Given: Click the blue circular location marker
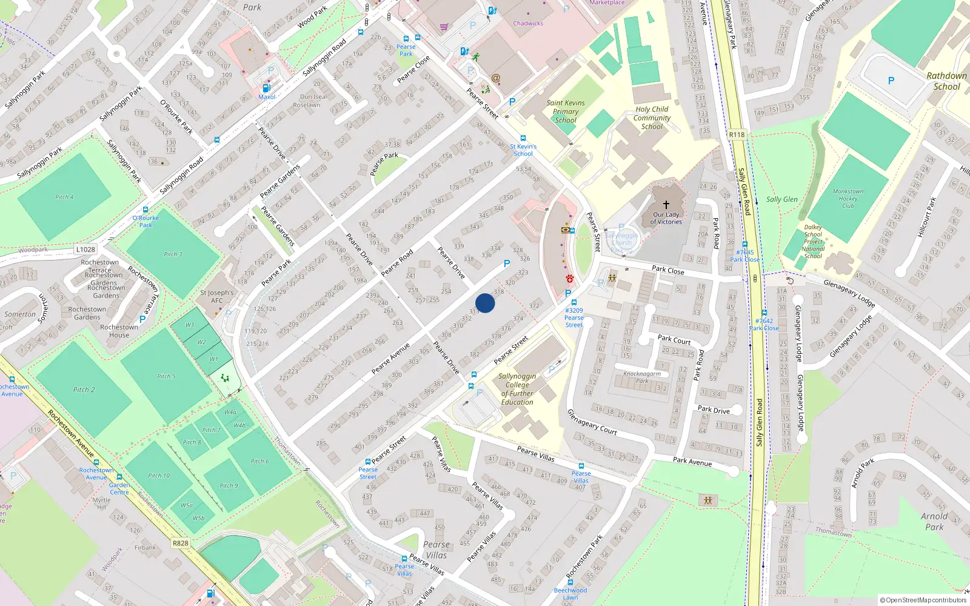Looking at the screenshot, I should (485, 303).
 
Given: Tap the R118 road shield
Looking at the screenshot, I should (737, 135).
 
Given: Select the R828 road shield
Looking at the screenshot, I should (180, 543).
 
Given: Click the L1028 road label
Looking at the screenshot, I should (85, 249).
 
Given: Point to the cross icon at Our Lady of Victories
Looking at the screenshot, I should (666, 205).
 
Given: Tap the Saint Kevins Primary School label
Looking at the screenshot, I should (566, 112).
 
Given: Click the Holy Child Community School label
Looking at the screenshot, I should (652, 118).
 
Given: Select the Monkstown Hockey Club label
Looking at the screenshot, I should (848, 198).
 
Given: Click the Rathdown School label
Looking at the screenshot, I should (946, 81).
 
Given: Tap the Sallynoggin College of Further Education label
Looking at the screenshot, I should (517, 389).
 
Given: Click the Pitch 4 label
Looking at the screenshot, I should (64, 197).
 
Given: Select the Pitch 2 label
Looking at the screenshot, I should (84, 390).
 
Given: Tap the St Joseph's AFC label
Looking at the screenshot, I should (216, 296).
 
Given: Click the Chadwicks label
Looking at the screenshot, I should (528, 24).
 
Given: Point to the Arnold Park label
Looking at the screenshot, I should (934, 522).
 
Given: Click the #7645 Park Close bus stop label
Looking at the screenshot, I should (744, 256).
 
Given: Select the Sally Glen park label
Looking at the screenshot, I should (781, 199).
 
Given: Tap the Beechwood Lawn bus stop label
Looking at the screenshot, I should (570, 593).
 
